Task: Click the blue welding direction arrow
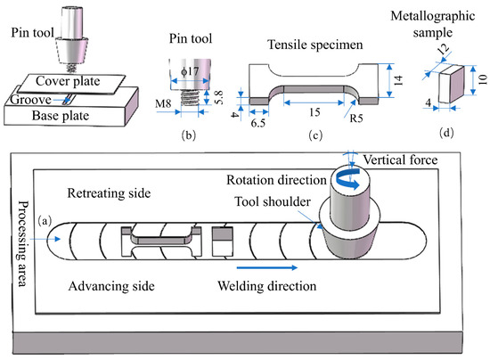click(x=267, y=267)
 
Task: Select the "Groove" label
click(x=30, y=100)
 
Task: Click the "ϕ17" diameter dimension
click(x=190, y=71)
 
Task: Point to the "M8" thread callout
click(x=163, y=103)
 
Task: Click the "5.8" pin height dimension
click(x=219, y=97)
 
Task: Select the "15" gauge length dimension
click(x=314, y=112)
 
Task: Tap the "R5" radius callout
click(x=356, y=119)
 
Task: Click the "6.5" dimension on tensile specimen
click(x=258, y=123)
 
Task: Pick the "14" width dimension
click(x=398, y=80)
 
